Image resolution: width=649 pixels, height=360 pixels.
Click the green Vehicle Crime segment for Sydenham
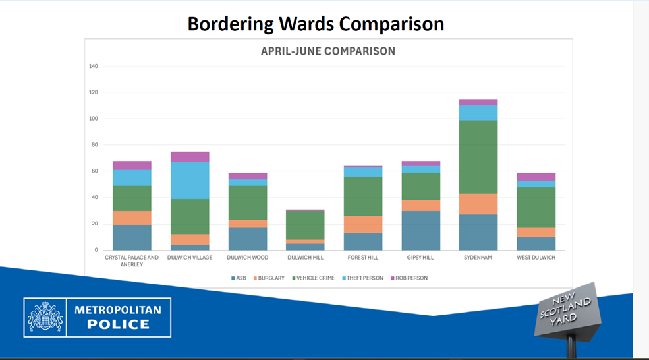tap(478, 157)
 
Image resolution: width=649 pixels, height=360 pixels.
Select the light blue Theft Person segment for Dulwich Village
tap(190, 181)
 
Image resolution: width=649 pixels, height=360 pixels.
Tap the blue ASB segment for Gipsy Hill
tap(420, 230)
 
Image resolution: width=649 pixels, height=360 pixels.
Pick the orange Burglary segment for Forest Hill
tap(363, 225)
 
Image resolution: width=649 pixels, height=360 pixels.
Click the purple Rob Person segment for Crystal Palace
tap(131, 165)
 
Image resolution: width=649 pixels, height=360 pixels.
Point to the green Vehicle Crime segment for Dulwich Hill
tap(305, 225)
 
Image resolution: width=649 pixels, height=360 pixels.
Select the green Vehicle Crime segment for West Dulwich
tap(536, 207)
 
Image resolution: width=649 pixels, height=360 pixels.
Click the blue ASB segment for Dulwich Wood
tap(247, 239)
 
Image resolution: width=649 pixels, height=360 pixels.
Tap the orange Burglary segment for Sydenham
tap(478, 204)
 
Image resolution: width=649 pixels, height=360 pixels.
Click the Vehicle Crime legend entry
tap(314, 278)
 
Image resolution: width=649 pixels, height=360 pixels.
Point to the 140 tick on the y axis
tap(93, 66)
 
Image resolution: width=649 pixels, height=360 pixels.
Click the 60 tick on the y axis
tap(94, 171)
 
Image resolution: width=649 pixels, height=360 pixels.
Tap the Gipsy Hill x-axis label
tap(420, 258)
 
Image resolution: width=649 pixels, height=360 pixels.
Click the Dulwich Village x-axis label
tap(190, 258)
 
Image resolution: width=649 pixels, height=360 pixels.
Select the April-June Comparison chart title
tap(328, 51)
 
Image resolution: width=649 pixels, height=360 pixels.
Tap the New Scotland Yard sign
tap(565, 311)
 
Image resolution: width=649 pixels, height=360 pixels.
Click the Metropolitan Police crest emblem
tap(45, 317)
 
